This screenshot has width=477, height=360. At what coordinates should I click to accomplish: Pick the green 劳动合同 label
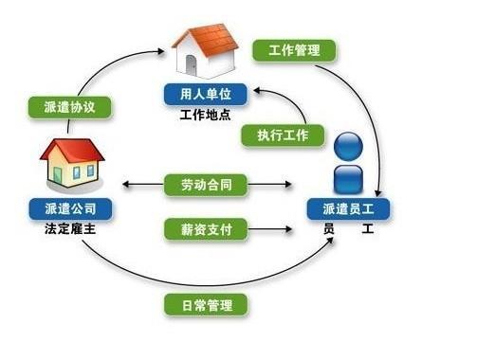tap(206, 185)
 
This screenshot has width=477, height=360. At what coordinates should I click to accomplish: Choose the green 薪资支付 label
tap(206, 228)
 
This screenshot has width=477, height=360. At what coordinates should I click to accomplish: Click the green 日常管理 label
tap(206, 305)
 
